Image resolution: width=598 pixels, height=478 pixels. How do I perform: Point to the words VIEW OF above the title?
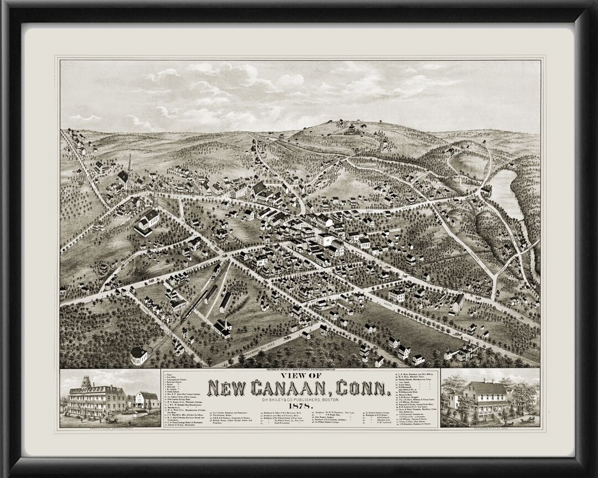coord(300,375)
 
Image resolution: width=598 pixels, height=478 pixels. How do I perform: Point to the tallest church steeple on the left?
coord(130,164)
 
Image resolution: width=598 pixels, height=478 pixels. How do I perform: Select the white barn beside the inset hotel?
coord(147,400)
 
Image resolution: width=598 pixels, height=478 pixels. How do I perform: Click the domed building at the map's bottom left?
coord(139,355)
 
